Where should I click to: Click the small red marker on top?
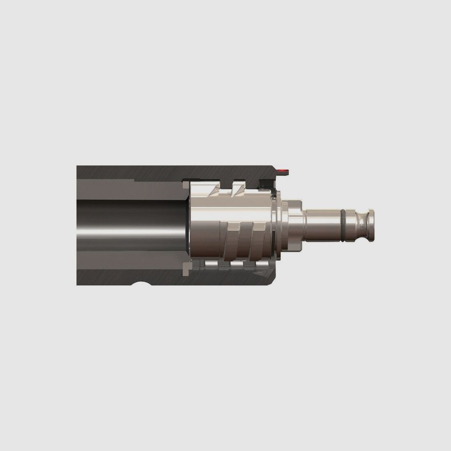[283, 169]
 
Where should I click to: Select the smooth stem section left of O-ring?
[321, 221]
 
